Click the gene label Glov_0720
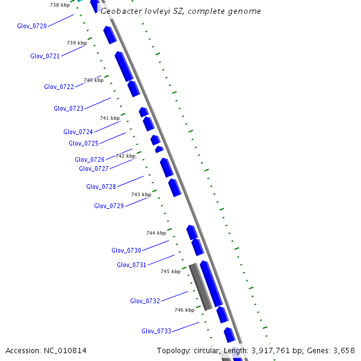(x=32, y=26)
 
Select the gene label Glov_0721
(x=45, y=56)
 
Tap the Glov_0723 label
(x=69, y=108)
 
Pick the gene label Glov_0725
(x=84, y=143)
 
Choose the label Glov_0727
(x=94, y=168)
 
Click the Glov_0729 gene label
(x=109, y=206)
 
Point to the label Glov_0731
(x=132, y=265)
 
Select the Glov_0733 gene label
(x=156, y=331)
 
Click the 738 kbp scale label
(x=60, y=5)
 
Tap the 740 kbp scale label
(x=93, y=80)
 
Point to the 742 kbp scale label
(x=125, y=156)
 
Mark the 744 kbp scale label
(x=156, y=233)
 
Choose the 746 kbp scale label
(x=184, y=310)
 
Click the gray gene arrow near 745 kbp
(x=200, y=286)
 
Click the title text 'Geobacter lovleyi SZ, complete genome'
(x=180, y=11)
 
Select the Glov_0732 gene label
(x=145, y=301)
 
